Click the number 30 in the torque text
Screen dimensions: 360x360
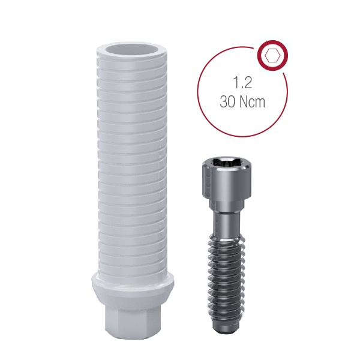point(228,102)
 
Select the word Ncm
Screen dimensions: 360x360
point(253,102)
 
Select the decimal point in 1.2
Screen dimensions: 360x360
point(241,88)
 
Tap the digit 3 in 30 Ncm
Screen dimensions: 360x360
point(223,102)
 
